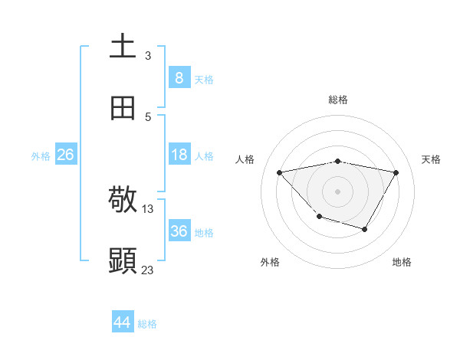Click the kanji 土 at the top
(123, 46)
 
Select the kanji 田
(123, 108)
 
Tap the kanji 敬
(123, 201)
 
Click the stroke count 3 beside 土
(148, 55)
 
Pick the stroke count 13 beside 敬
(148, 208)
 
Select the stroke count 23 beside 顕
(148, 270)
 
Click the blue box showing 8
(179, 77)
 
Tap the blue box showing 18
(179, 155)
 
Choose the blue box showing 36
(179, 231)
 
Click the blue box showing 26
(65, 155)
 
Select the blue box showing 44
(123, 322)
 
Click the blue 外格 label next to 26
(41, 156)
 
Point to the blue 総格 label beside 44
(147, 324)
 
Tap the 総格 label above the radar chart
(338, 100)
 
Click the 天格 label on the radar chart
(431, 159)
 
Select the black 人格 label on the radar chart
(245, 159)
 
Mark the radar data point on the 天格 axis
(396, 172)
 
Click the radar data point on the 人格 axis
(280, 172)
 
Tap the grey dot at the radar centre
(338, 191)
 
